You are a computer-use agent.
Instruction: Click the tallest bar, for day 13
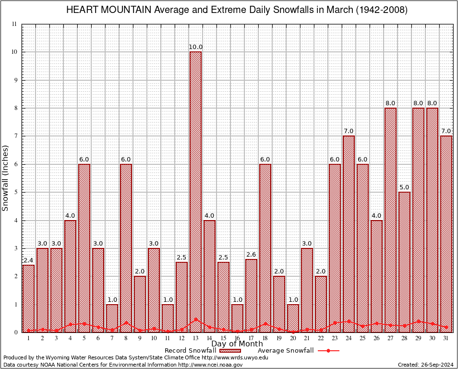195,192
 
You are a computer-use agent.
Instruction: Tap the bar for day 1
28,298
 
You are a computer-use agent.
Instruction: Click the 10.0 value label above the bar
195,47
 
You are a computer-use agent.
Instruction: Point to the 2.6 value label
251,255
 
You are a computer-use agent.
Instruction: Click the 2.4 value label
28,260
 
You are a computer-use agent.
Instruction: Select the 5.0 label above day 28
404,187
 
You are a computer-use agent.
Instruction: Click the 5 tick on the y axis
15,192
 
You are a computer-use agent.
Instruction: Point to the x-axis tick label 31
446,338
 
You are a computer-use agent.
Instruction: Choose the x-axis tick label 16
237,338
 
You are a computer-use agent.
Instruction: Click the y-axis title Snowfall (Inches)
6,178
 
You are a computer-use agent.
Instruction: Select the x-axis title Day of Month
237,344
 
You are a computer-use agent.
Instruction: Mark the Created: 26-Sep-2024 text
425,365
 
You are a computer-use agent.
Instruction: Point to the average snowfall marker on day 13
195,319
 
